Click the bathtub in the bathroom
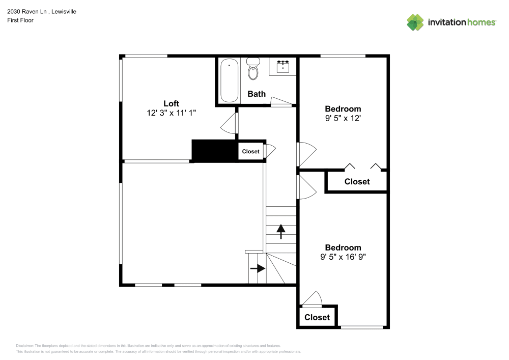(229, 80)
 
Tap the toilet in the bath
(253, 70)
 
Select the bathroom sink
(282, 67)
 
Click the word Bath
(257, 94)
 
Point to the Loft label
(171, 103)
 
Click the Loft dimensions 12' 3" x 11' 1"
(171, 114)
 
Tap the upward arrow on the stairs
(280, 232)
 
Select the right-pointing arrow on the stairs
(258, 268)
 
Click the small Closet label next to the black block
(250, 152)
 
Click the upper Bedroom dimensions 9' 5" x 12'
(343, 119)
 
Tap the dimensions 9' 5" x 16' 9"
(343, 258)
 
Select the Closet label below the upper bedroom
(357, 182)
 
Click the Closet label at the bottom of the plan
(317, 317)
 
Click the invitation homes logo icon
(415, 22)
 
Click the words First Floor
(20, 20)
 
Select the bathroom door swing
(280, 101)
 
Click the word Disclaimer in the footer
(24, 345)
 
